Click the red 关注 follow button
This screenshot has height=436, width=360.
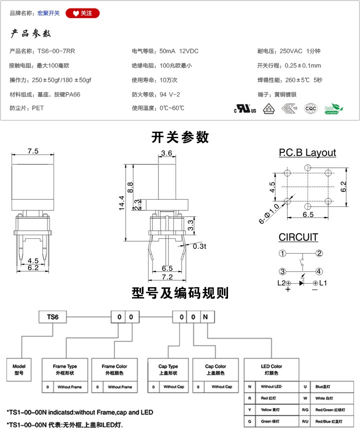(x=82, y=13)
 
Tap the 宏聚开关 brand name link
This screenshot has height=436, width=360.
(x=48, y=13)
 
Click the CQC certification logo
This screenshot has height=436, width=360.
(x=310, y=108)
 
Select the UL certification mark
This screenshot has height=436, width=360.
(x=245, y=108)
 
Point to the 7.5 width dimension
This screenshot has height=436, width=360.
(x=33, y=151)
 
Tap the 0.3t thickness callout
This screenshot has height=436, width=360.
(x=199, y=246)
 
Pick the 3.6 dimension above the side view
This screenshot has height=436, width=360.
(x=166, y=153)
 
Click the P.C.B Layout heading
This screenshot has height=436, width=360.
(x=307, y=153)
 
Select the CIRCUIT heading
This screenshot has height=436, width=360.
(x=298, y=237)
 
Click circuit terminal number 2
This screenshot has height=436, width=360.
(x=319, y=253)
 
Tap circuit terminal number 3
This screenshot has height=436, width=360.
(x=282, y=271)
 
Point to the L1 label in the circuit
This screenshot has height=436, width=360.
(x=323, y=283)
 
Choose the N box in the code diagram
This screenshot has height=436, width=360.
(x=205, y=317)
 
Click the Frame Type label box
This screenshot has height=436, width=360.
(x=65, y=369)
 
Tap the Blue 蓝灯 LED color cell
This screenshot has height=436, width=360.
(x=320, y=387)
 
